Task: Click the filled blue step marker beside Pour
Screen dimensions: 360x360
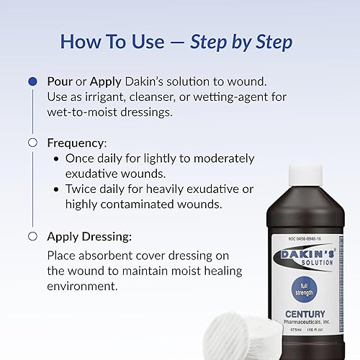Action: [x=32, y=81]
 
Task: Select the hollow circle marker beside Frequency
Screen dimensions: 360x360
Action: [x=32, y=143]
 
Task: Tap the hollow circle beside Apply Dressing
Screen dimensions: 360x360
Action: [x=32, y=236]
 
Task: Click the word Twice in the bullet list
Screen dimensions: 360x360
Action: [x=82, y=190]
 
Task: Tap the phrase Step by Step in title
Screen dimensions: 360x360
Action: [x=240, y=42]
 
